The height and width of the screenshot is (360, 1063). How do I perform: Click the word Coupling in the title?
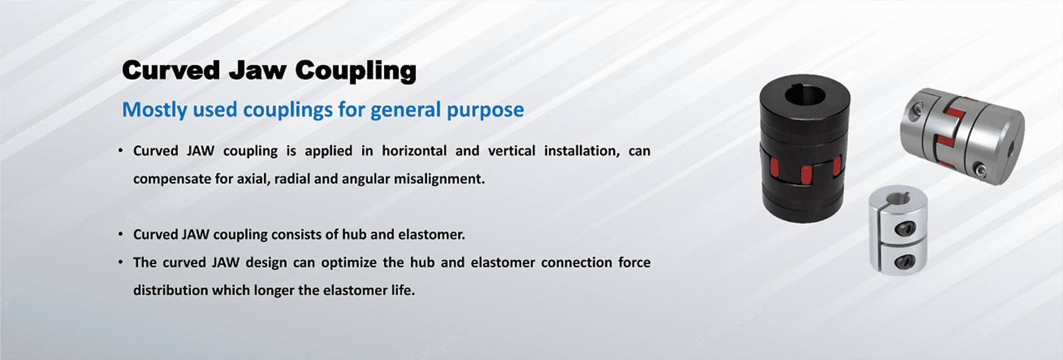click(x=355, y=71)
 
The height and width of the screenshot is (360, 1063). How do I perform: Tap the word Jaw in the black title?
click(x=258, y=70)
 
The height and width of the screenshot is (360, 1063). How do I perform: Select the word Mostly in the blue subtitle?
click(x=154, y=110)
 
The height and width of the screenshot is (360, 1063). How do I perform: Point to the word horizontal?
click(x=414, y=151)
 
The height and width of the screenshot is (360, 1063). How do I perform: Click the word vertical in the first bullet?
click(x=512, y=151)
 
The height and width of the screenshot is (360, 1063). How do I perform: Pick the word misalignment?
click(x=439, y=179)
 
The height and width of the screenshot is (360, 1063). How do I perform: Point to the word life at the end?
click(x=403, y=290)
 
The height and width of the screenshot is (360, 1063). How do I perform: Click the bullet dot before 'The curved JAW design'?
click(x=121, y=261)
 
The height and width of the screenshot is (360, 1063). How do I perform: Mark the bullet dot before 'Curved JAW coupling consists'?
click(x=121, y=234)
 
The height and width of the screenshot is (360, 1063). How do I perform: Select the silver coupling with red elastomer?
click(x=962, y=136)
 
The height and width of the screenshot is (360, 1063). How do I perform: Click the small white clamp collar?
click(x=898, y=230)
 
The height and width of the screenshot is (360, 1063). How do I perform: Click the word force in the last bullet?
click(x=634, y=262)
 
